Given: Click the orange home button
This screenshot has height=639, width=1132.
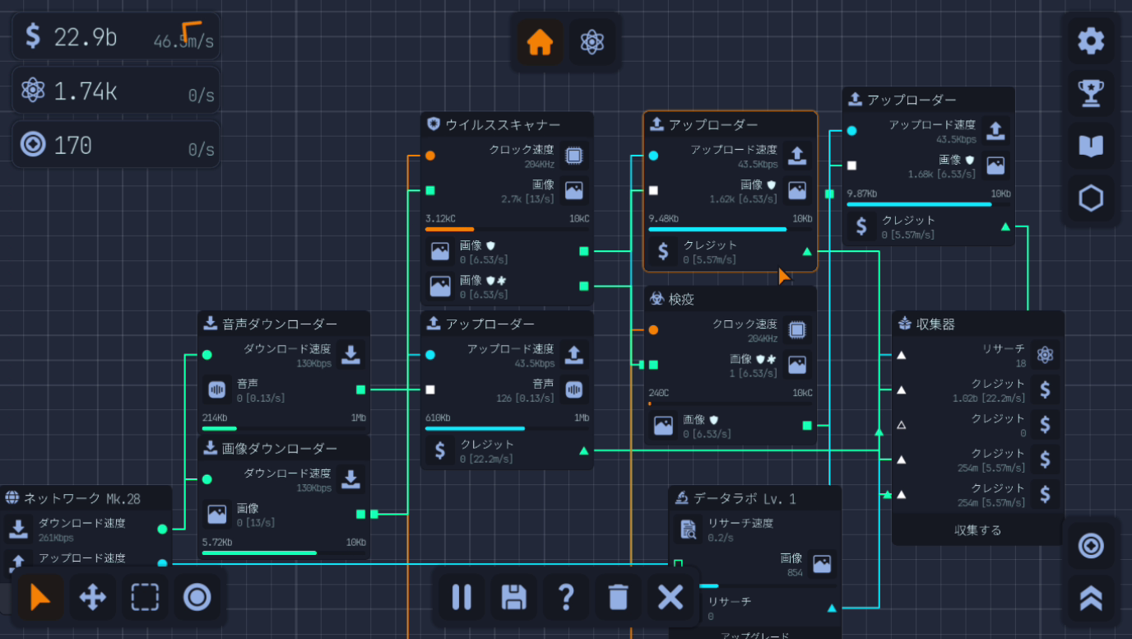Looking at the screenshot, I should click(x=540, y=42).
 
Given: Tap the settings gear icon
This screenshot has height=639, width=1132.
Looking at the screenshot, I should click(x=1091, y=40).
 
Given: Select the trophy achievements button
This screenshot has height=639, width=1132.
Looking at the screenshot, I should click(x=1091, y=92).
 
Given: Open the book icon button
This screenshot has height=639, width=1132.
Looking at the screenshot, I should click(x=1091, y=146).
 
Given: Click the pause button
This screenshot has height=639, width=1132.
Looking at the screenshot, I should click(x=462, y=597).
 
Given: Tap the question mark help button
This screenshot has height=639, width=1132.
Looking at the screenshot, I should click(x=566, y=597).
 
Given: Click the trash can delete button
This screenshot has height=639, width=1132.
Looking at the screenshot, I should click(x=619, y=597).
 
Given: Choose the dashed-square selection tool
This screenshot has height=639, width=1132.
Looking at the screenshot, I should click(x=145, y=597).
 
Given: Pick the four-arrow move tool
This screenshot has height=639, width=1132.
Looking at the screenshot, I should click(x=92, y=597).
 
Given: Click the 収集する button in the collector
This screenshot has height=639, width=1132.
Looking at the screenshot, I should click(x=977, y=530).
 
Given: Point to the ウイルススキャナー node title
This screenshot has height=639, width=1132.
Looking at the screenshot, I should click(x=503, y=125).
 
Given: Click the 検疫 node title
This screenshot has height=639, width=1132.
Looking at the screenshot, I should click(x=681, y=300).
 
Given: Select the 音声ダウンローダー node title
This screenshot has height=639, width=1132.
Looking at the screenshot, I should click(x=280, y=324).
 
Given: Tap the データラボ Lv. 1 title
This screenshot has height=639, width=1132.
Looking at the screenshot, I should click(x=745, y=499).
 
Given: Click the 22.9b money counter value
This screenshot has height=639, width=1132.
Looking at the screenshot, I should click(x=86, y=36).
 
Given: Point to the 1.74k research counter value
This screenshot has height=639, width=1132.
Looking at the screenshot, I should click(x=86, y=91).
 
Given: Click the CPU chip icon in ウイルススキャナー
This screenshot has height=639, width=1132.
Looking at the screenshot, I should click(x=573, y=156).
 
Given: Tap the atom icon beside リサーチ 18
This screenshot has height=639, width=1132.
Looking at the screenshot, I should click(x=1045, y=355).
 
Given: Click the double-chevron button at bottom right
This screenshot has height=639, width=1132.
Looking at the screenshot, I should click(x=1091, y=598).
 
